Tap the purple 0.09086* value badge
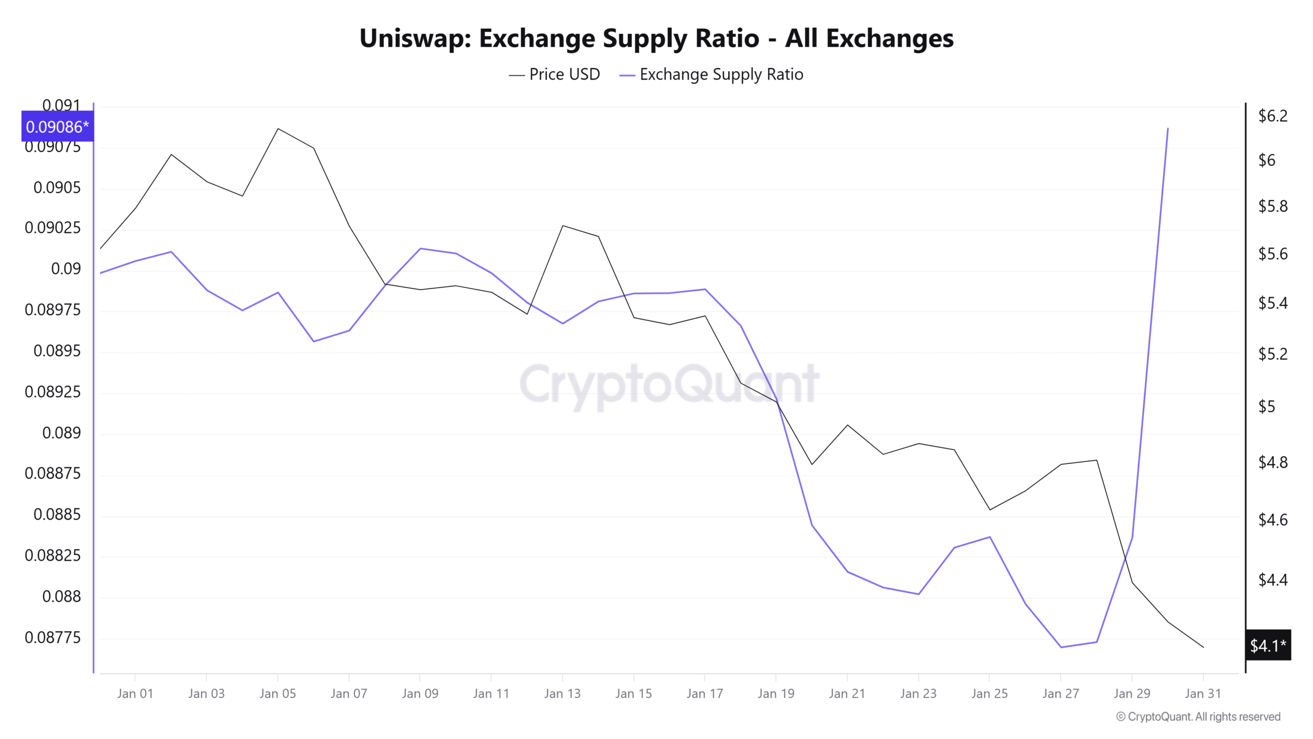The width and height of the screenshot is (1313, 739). [x=57, y=127]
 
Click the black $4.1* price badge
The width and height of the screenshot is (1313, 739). [x=1267, y=645]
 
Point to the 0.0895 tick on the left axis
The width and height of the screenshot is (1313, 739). [x=57, y=351]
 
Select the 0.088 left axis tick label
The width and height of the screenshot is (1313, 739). [x=62, y=596]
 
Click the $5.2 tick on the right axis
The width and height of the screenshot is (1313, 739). [x=1272, y=354]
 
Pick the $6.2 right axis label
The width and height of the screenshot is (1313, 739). [x=1272, y=116]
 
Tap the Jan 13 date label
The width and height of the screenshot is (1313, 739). [x=562, y=694]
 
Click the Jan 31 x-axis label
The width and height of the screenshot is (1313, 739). [x=1203, y=694]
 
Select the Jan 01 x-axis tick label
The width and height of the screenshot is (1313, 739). [x=135, y=694]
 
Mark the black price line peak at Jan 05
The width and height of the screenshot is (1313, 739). [x=278, y=128]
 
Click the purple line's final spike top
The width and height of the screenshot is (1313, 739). [x=1168, y=128]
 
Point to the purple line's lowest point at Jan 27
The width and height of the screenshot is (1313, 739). [x=1061, y=647]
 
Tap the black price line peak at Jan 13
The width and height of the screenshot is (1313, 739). [x=563, y=226]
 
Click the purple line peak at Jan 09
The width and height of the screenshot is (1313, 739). [x=420, y=248]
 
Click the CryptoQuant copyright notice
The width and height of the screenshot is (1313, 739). [x=1198, y=717]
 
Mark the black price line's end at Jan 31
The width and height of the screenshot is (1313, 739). [x=1203, y=647]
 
